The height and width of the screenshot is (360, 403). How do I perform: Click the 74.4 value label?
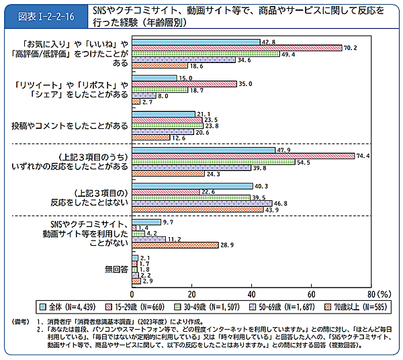coord(363,156)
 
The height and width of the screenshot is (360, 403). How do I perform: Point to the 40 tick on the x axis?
coord(251,294)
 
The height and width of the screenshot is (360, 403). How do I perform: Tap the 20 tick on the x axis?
coord(192,294)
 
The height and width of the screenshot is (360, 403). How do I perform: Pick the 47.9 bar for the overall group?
coord(204,149)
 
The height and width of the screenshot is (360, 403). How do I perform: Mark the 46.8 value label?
coord(280,202)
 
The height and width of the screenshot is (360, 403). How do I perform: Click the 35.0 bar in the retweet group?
coord(184,84)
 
